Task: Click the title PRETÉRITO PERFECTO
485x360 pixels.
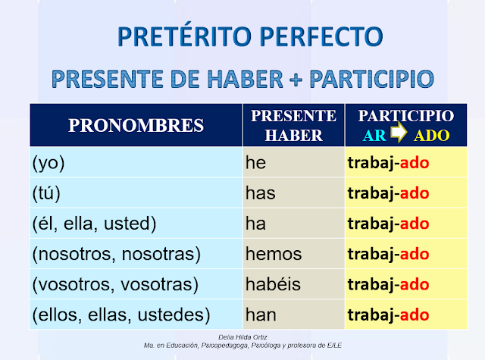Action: click(x=242, y=36)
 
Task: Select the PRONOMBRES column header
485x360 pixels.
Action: click(x=136, y=126)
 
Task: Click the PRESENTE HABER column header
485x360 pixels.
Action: click(x=293, y=126)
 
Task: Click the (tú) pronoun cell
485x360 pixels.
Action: click(x=48, y=193)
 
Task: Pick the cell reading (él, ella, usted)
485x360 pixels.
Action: click(x=94, y=224)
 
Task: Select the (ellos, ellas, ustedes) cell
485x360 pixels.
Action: click(x=121, y=314)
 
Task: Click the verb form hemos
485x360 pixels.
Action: click(x=274, y=254)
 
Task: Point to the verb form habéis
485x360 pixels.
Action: click(x=274, y=284)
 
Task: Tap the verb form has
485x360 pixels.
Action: click(x=261, y=193)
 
